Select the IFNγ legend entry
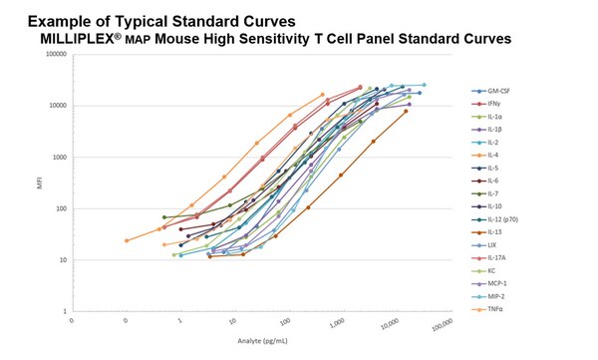[x=492, y=104]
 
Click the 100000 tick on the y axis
[x=54, y=55]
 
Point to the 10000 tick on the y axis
[x=56, y=106]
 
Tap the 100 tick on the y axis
[x=60, y=208]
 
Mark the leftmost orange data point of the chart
[x=127, y=240]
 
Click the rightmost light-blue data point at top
[x=424, y=86]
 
